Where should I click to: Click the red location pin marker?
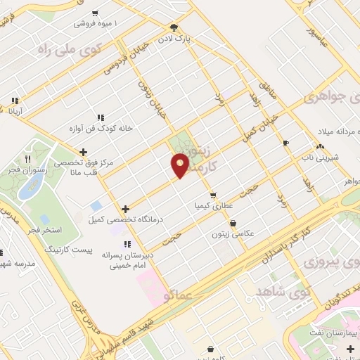(180, 165)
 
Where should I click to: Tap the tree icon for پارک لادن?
(184, 27)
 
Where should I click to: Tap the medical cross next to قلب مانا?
(84, 151)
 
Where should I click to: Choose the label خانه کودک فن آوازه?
(72, 128)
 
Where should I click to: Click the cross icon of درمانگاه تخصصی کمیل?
(125, 209)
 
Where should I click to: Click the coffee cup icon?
(285, 143)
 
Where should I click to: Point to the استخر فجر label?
(43, 230)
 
